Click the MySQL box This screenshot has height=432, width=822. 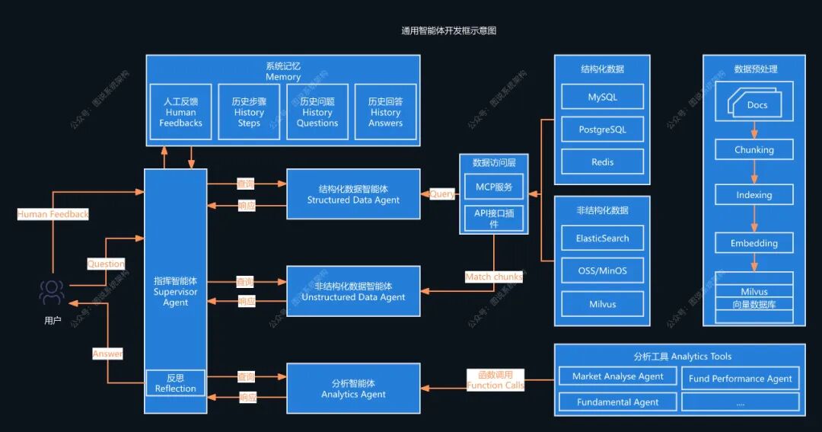[x=602, y=97]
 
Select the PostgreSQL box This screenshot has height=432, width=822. [x=602, y=130]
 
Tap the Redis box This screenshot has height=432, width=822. [x=602, y=162]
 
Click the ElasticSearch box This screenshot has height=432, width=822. [x=602, y=238]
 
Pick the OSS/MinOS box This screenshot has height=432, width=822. [x=602, y=270]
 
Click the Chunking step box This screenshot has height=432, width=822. [x=753, y=149]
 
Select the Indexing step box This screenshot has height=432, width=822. [x=753, y=194]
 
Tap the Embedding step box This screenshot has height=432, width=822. [x=753, y=243]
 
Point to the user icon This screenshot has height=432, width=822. [x=52, y=293]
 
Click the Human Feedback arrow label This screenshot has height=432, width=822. [x=53, y=214]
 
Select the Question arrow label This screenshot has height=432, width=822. [x=106, y=264]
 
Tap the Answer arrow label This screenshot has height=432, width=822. [x=107, y=354]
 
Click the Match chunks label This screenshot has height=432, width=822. [x=493, y=277]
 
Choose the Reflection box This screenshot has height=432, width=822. [x=175, y=383]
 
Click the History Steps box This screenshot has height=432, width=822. [x=249, y=112]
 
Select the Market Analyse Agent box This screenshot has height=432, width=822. [x=617, y=376]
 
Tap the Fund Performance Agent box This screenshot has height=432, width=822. [x=740, y=378]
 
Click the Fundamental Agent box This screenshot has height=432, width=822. [x=617, y=402]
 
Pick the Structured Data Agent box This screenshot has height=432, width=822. [x=353, y=194]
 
